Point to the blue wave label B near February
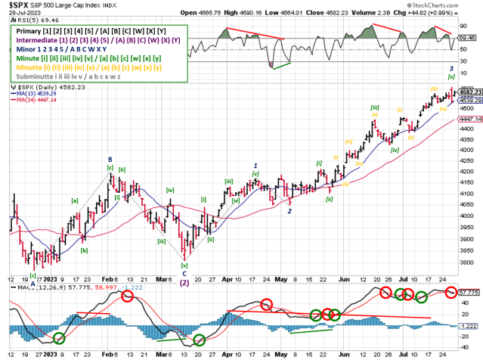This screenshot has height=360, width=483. click(x=110, y=160)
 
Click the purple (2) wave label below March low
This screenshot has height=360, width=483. click(x=184, y=284)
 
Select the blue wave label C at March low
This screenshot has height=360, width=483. click(x=184, y=275)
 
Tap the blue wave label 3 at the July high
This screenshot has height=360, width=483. click(x=451, y=68)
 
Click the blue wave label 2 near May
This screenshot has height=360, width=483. click(x=289, y=211)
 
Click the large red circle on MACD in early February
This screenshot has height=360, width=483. click(x=126, y=296)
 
